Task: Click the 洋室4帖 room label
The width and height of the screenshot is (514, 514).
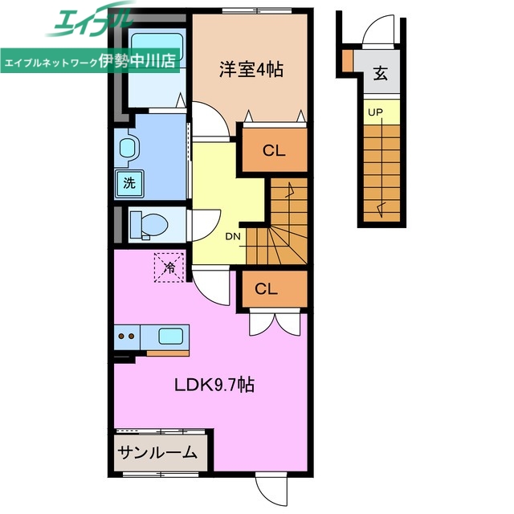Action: coord(251,69)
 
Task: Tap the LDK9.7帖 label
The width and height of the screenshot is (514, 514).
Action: coord(215,385)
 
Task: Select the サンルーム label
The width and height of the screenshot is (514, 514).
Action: coord(158,452)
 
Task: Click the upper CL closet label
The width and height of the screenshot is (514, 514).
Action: coord(274,149)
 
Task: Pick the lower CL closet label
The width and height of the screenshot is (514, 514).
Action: coord(266,290)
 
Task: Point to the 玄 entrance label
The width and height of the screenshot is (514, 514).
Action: coord(379,76)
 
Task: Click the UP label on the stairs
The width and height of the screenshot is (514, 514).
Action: coord(375,112)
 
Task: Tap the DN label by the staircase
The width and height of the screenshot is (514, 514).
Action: coord(233,236)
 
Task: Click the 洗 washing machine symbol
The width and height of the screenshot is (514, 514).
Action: coord(128,182)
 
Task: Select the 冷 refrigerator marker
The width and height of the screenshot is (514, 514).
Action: coord(169,267)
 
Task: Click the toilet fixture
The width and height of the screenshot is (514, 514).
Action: coord(145,224)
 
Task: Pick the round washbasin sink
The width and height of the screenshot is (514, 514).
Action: coord(127,149)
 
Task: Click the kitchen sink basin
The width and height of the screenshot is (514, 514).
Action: coord(171,336)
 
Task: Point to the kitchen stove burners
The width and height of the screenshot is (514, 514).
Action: coord(126,337)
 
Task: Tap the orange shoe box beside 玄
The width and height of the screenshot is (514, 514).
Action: coord(347,60)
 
